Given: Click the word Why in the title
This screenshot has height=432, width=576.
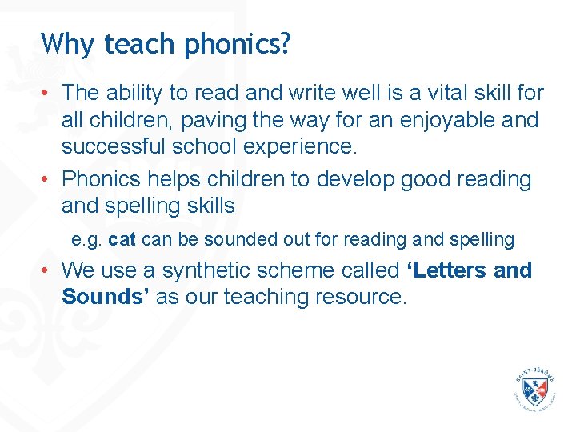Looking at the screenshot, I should point(64,43).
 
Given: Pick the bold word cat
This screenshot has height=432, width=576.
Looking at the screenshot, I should point(122,239).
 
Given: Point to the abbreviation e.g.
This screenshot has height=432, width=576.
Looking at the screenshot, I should point(87,240).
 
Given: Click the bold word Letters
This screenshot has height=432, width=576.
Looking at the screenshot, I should point(449,270).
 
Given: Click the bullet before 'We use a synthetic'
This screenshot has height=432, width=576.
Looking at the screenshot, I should point(48,270).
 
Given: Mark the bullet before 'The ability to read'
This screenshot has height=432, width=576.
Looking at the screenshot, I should point(48,93).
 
